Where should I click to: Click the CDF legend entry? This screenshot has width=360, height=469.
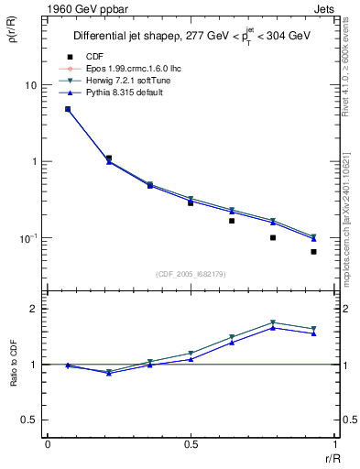click(94, 57)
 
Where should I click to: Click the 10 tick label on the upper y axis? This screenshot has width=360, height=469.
click(30, 85)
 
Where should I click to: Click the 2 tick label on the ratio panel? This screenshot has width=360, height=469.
click(34, 309)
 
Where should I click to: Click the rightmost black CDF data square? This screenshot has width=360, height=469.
click(313, 252)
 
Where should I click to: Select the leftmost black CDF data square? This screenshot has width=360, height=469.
click(68, 109)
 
